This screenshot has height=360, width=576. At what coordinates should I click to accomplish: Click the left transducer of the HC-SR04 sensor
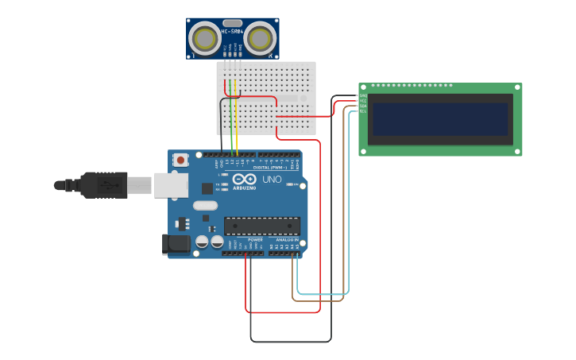coord(205,38)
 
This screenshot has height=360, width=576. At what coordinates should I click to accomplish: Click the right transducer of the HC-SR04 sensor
coord(260,38)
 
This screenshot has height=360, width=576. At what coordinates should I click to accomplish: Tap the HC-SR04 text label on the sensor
coord(232,32)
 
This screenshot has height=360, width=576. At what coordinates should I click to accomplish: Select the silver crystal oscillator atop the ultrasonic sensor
coord(232,23)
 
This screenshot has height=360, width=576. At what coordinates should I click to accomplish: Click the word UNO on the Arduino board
coord(272,179)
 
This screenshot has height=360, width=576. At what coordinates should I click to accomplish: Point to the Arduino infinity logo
coord(244,179)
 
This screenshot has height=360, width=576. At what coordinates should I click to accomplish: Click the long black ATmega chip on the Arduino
coord(261,226)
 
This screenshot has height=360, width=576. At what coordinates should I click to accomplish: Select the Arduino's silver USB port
coord(170,185)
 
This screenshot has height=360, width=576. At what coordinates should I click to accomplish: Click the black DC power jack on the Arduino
coord(176,245)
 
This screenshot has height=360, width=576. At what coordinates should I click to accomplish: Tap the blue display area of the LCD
coord(440,119)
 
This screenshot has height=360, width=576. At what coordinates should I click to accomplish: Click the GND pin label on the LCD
coord(363,96)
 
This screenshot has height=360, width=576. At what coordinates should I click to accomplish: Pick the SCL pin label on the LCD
coord(363,111)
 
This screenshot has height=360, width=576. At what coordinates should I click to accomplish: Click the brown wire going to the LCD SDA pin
coord(318,300)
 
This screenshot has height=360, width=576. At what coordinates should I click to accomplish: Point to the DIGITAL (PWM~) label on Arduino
coord(270,168)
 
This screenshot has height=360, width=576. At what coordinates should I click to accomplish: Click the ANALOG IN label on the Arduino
coord(287,239)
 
